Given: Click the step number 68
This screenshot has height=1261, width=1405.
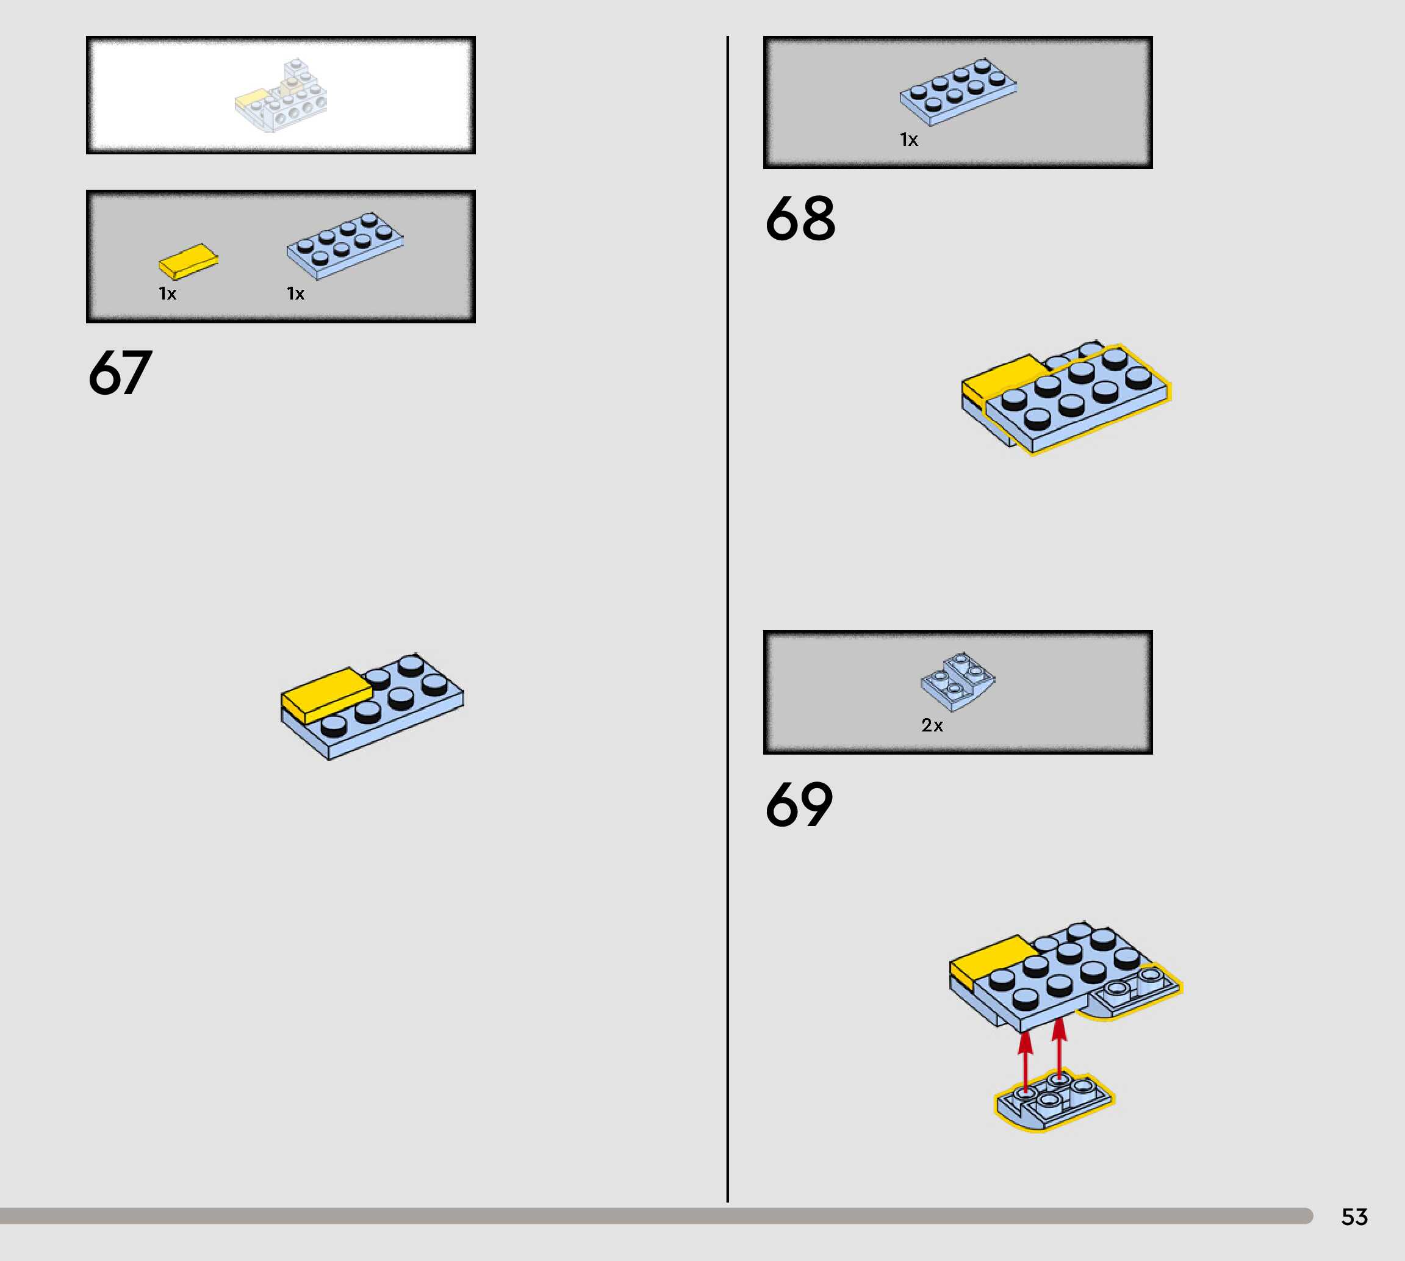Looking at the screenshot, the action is point(800,218).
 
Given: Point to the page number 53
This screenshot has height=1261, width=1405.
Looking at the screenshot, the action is point(1354,1216).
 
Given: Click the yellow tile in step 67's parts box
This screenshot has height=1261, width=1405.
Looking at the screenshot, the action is point(188,260).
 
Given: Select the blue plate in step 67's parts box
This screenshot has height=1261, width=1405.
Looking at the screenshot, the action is point(344,245).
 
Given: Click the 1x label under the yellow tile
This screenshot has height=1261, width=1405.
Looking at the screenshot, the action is point(168,294).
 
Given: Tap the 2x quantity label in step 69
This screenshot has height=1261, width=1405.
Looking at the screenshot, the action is point(932,725).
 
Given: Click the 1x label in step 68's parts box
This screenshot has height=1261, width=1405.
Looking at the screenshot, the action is point(909,140).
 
